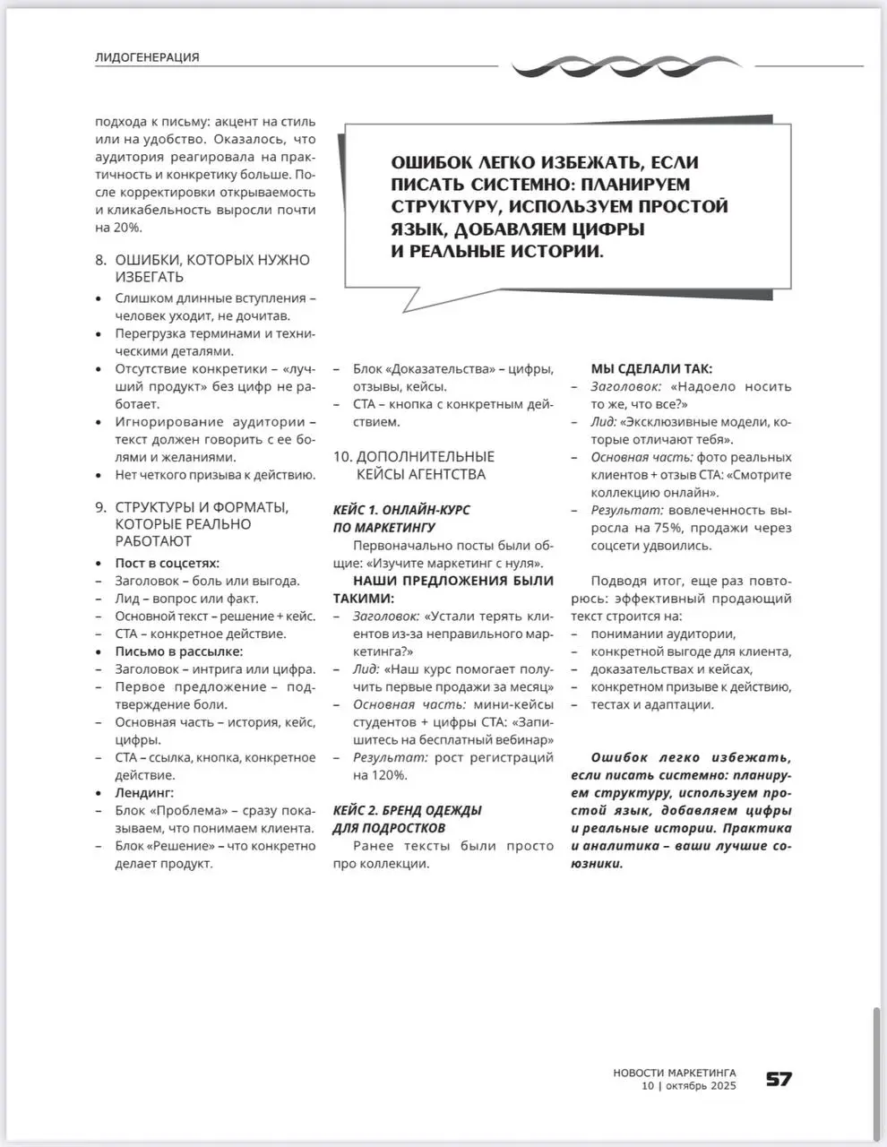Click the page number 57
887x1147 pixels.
779,1079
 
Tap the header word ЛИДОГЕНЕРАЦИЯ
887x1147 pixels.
147,57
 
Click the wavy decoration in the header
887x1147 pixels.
627,65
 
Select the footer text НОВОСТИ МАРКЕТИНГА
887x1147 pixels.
675,1072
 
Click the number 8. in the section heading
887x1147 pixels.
101,260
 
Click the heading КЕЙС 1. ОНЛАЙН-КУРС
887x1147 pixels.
401,510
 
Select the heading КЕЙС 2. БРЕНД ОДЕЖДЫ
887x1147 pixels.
407,810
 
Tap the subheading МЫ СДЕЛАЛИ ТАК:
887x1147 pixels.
651,368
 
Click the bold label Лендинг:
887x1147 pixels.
144,792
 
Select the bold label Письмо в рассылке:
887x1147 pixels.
178,651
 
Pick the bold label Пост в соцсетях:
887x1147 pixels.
167,563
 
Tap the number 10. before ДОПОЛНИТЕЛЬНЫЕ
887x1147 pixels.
342,456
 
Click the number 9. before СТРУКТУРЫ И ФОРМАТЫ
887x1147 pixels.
101,507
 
